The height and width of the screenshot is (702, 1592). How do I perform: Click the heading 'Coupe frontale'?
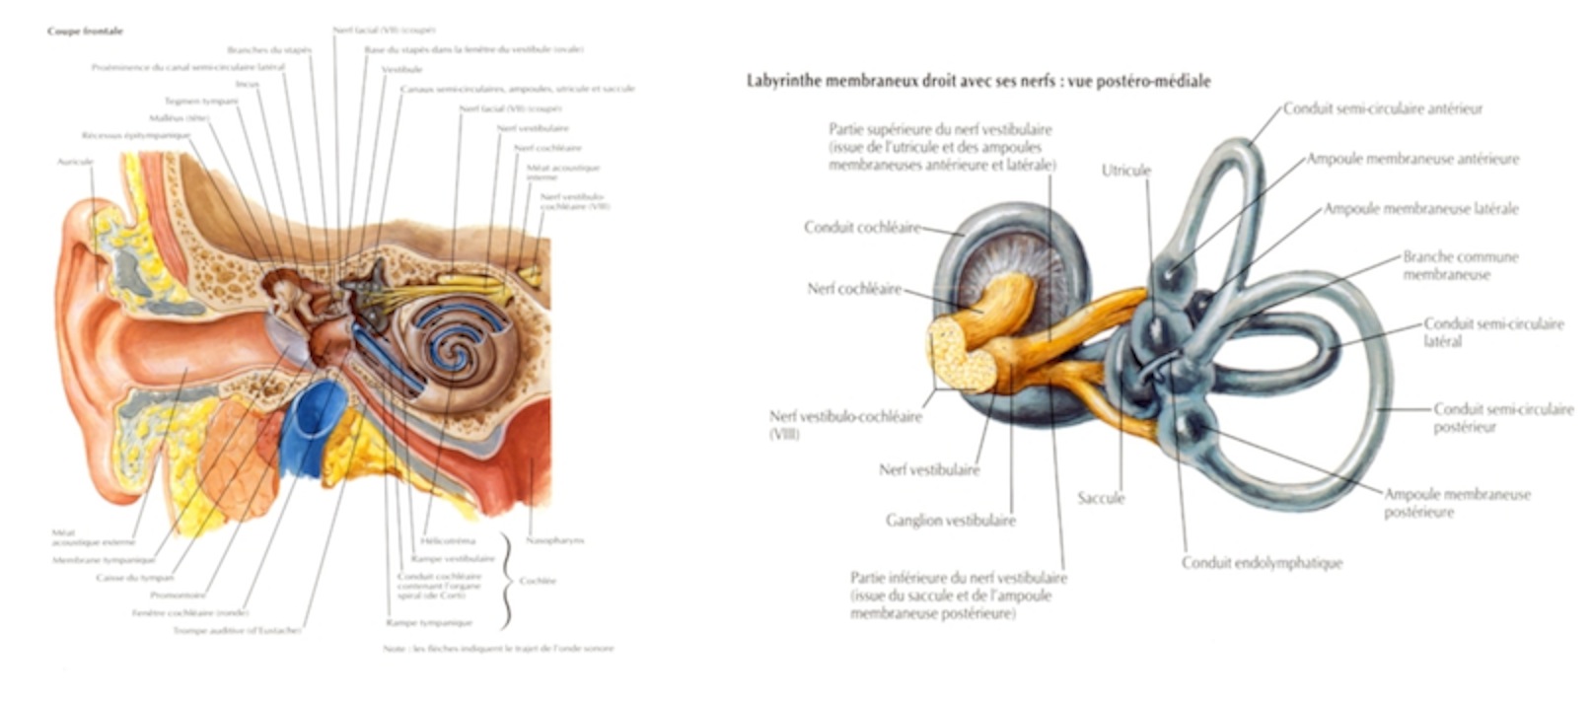click(85, 32)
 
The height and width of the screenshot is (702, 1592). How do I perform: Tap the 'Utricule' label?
click(1125, 171)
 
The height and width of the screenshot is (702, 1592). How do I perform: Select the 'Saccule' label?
click(1101, 498)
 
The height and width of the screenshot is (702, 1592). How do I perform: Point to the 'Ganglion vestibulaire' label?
click(950, 521)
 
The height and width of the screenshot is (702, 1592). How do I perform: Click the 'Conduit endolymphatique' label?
click(1262, 563)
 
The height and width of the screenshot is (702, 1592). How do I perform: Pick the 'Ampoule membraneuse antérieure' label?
click(1412, 159)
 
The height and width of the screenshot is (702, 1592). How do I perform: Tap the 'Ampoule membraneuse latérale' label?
click(1420, 209)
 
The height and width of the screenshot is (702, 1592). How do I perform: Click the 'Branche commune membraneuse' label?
click(1460, 265)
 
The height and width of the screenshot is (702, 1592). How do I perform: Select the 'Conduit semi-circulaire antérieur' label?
click(1382, 108)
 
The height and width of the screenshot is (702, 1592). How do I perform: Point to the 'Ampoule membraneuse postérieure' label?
click(1456, 503)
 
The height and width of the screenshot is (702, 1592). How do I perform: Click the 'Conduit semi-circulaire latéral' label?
click(1492, 332)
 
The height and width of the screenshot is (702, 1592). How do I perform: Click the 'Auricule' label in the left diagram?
click(75, 161)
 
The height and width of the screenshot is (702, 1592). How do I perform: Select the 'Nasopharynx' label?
click(555, 540)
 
